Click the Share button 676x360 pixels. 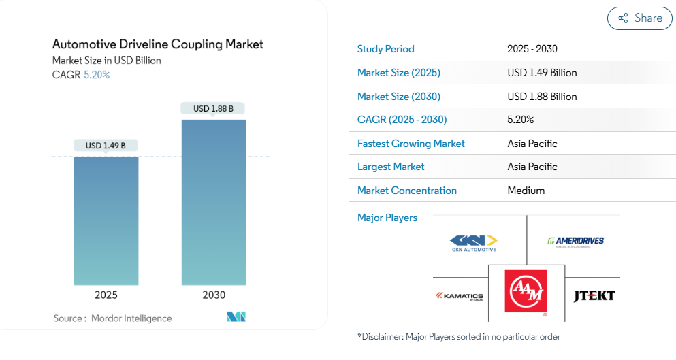[640, 18]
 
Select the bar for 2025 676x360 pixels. [106, 220]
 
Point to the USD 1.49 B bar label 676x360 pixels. [106, 145]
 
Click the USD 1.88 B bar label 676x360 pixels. [213, 108]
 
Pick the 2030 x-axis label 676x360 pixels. [214, 295]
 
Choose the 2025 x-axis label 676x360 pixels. [106, 295]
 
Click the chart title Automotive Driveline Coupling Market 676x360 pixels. [158, 44]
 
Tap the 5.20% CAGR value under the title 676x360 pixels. [97, 75]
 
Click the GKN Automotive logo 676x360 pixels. [474, 243]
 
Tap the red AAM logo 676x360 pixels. [526, 292]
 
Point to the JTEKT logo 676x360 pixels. [594, 295]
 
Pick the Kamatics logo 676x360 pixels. [460, 296]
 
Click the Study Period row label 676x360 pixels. [385, 49]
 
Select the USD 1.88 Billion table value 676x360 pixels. [542, 96]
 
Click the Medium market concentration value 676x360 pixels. [526, 191]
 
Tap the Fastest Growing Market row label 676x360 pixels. [411, 144]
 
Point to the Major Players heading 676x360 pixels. [387, 218]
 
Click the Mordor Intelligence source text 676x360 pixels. [131, 318]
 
